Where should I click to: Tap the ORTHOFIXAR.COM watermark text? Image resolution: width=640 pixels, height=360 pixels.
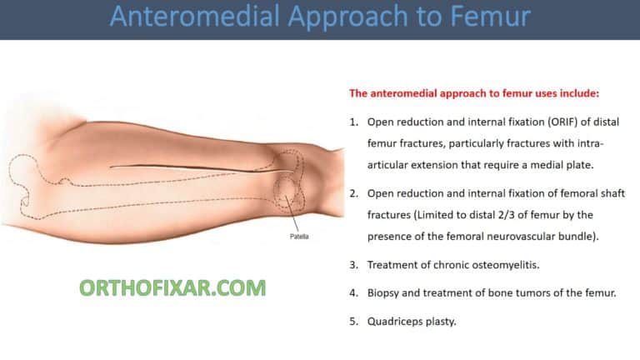[172, 288]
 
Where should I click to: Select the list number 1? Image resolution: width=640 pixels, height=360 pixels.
[352, 122]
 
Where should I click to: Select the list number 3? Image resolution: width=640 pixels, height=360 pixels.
[352, 264]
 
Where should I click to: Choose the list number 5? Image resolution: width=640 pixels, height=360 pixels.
[352, 321]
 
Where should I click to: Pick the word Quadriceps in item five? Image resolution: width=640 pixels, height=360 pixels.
[396, 321]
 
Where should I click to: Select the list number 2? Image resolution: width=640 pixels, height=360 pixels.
[352, 192]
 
